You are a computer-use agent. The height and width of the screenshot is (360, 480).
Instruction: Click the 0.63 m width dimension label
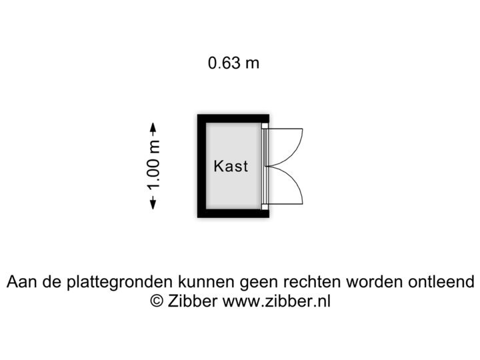point(234,63)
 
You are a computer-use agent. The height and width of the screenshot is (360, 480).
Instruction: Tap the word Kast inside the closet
point(231,166)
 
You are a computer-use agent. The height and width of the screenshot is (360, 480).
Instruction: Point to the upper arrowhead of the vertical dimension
point(153,127)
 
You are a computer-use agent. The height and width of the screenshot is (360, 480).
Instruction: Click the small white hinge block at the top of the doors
point(265,125)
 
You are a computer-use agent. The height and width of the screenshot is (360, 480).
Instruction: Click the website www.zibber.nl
point(276,301)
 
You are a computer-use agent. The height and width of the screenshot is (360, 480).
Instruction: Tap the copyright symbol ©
point(157,301)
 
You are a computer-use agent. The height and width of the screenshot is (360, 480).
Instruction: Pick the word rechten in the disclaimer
point(320,282)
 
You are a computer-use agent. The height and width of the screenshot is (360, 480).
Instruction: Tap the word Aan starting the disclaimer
point(21,282)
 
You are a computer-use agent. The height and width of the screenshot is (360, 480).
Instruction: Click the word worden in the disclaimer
point(380,282)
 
